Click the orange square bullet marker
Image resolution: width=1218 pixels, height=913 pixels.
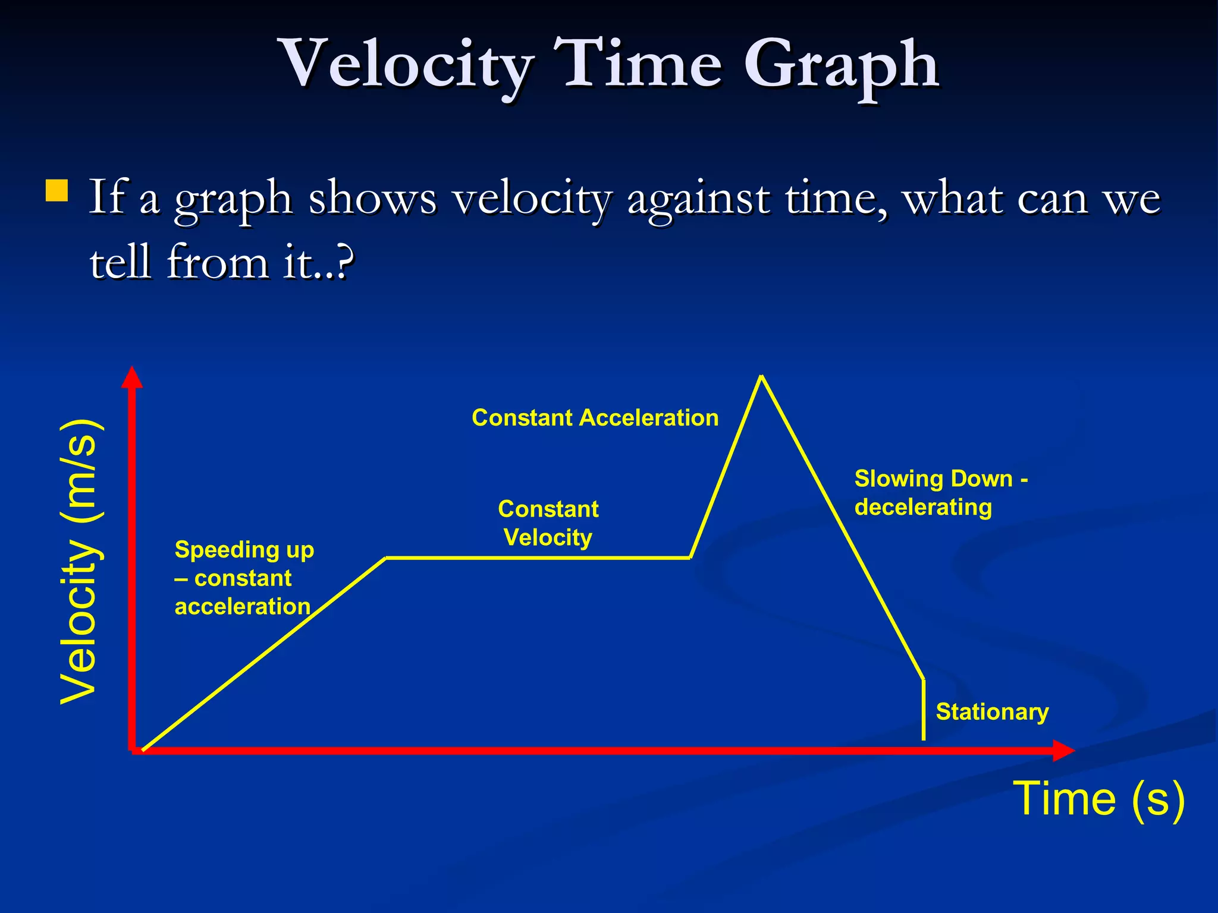pos(56,191)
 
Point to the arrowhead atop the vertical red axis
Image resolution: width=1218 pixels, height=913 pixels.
pos(132,377)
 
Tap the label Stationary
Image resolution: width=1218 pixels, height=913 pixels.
pos(991,712)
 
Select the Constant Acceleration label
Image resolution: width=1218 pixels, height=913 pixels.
pos(595,418)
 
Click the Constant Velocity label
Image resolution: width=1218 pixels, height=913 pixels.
pos(548,523)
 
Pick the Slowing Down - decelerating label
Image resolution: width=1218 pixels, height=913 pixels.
pos(940,493)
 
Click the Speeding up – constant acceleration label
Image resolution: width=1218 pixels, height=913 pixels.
pos(244,578)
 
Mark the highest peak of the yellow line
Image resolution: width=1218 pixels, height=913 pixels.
pos(761,377)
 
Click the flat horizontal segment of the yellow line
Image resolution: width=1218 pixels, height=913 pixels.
pos(535,558)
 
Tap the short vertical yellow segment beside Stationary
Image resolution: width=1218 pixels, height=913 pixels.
pos(923,710)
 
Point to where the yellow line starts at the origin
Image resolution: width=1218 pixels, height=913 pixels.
pos(143,750)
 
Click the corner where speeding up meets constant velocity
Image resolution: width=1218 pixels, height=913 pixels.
pos(386,558)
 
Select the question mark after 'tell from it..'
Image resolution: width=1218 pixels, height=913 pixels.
pos(343,262)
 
